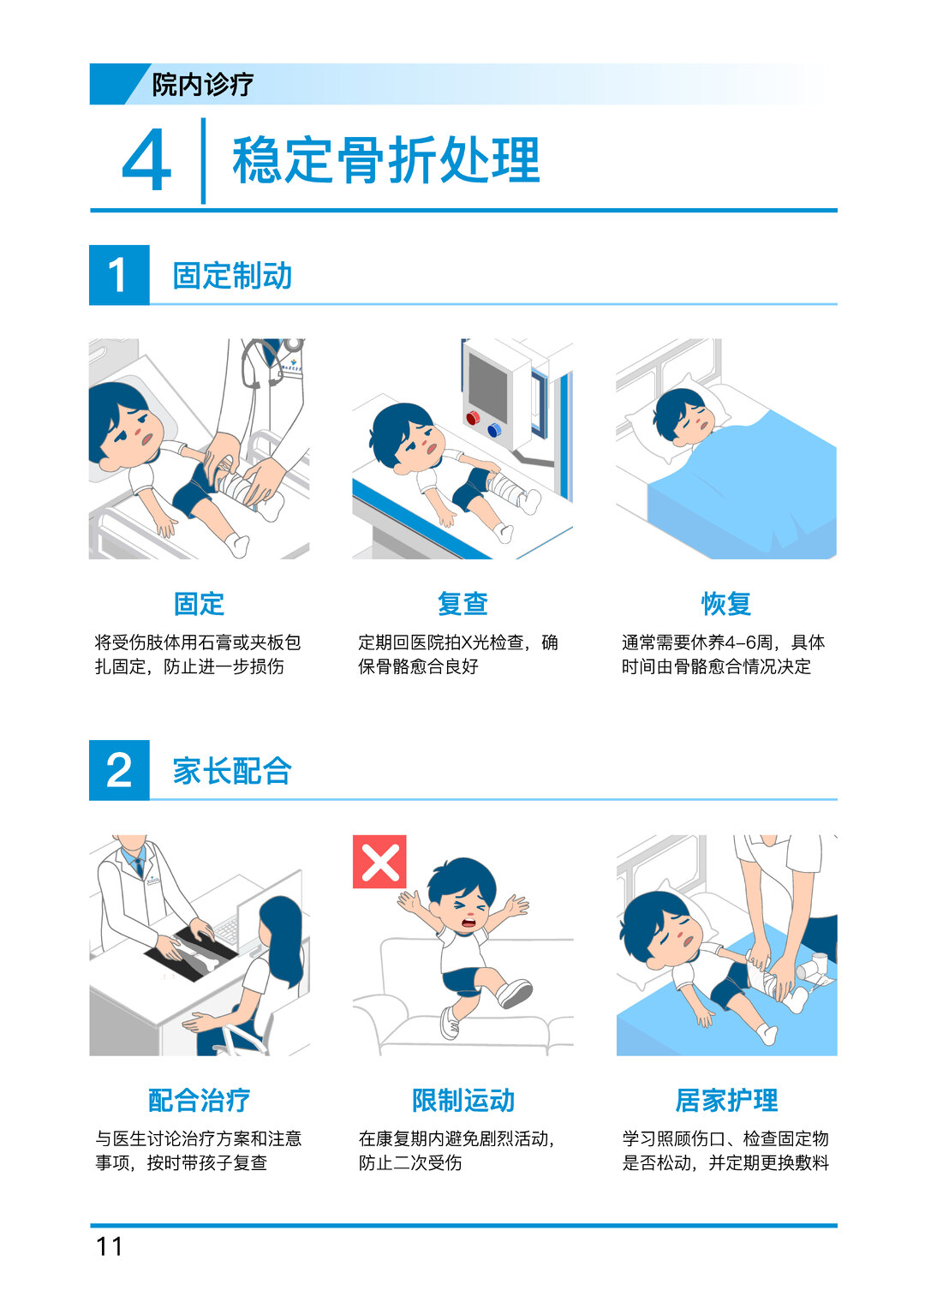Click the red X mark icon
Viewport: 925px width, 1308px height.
(379, 862)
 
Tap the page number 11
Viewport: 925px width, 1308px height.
(110, 1246)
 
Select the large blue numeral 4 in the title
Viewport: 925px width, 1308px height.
(146, 160)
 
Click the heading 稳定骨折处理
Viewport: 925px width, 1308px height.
(386, 160)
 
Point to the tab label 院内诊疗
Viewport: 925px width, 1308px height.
(203, 85)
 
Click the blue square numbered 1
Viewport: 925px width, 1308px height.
(119, 275)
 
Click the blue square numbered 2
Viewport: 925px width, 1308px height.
(119, 769)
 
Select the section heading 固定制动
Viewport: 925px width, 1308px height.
(232, 276)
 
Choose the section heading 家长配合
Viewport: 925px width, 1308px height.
(232, 771)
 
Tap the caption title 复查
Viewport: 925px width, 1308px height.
(463, 603)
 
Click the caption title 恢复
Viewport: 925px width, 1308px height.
(726, 603)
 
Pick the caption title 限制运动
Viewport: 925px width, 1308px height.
(463, 1100)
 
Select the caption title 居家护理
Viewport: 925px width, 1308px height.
(726, 1100)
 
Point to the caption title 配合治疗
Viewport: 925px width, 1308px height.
(199, 1100)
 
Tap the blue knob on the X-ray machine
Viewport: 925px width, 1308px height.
(494, 430)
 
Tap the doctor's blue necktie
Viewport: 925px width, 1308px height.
(139, 866)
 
